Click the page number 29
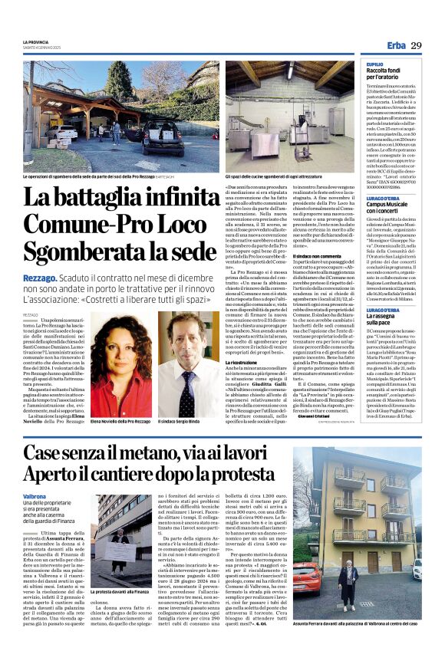coord(416,46)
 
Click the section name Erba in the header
coord(396,46)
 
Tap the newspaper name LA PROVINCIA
coord(35,41)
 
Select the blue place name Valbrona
coord(35,496)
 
